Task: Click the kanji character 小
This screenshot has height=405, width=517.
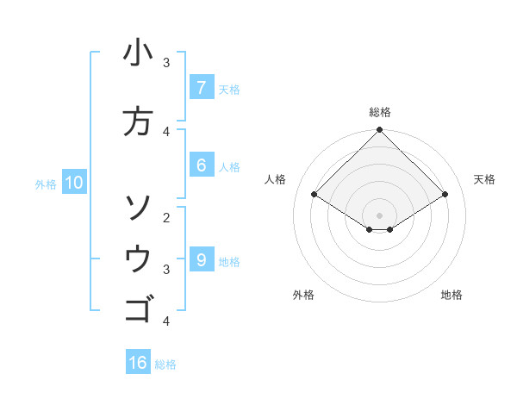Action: point(138,53)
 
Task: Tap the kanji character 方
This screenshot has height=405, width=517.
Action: point(138,121)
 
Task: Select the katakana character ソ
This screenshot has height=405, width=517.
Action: point(138,208)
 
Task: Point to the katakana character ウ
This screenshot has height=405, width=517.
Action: point(138,259)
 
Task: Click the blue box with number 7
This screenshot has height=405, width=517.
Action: point(201,88)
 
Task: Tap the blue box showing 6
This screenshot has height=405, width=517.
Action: point(201,165)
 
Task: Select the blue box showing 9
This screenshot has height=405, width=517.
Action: point(201,260)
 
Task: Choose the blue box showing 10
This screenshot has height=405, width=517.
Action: point(73,183)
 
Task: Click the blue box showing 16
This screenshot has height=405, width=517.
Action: point(138,363)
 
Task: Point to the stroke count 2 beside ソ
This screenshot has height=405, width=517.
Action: point(166,218)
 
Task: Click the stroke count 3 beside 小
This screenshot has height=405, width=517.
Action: point(166,63)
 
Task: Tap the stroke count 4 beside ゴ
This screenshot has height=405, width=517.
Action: point(166,321)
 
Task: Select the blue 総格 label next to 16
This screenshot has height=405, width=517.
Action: point(165,364)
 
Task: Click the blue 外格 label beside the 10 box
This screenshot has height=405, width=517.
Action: point(46,184)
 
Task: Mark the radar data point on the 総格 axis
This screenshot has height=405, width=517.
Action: point(379,130)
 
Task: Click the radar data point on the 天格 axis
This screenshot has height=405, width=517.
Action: point(445,195)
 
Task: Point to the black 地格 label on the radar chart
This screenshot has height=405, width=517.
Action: point(452,295)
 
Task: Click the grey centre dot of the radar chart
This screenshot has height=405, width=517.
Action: point(379,215)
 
